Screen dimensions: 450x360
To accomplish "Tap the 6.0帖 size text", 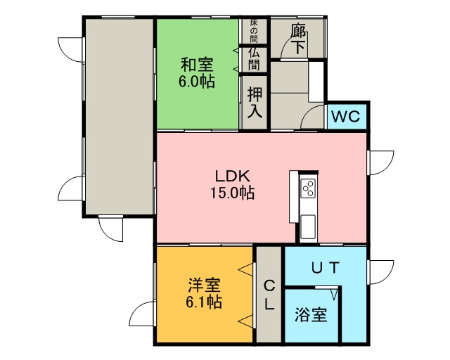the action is coord(197,82).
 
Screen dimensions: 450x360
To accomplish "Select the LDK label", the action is coord(233,176).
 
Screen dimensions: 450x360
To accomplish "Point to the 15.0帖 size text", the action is coord(233,193).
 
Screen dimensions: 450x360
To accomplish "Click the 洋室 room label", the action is coord(204,285).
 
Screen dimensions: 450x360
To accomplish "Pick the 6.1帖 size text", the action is coord(204,302).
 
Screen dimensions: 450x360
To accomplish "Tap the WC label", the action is coord(346,117).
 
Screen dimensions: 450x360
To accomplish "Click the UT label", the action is coord(326,268).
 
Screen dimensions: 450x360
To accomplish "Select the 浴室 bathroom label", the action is coord(311,315).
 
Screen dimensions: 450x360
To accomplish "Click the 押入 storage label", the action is coord(255,102).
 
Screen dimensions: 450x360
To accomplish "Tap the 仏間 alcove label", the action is coord(254,59).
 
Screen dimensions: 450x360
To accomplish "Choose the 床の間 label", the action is coord(254,31).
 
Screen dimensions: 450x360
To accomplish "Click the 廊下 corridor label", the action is coord(298,39).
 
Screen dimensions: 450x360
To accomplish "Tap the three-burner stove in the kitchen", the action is coord(308,188).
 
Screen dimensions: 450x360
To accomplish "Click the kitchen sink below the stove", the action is coord(308,227).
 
